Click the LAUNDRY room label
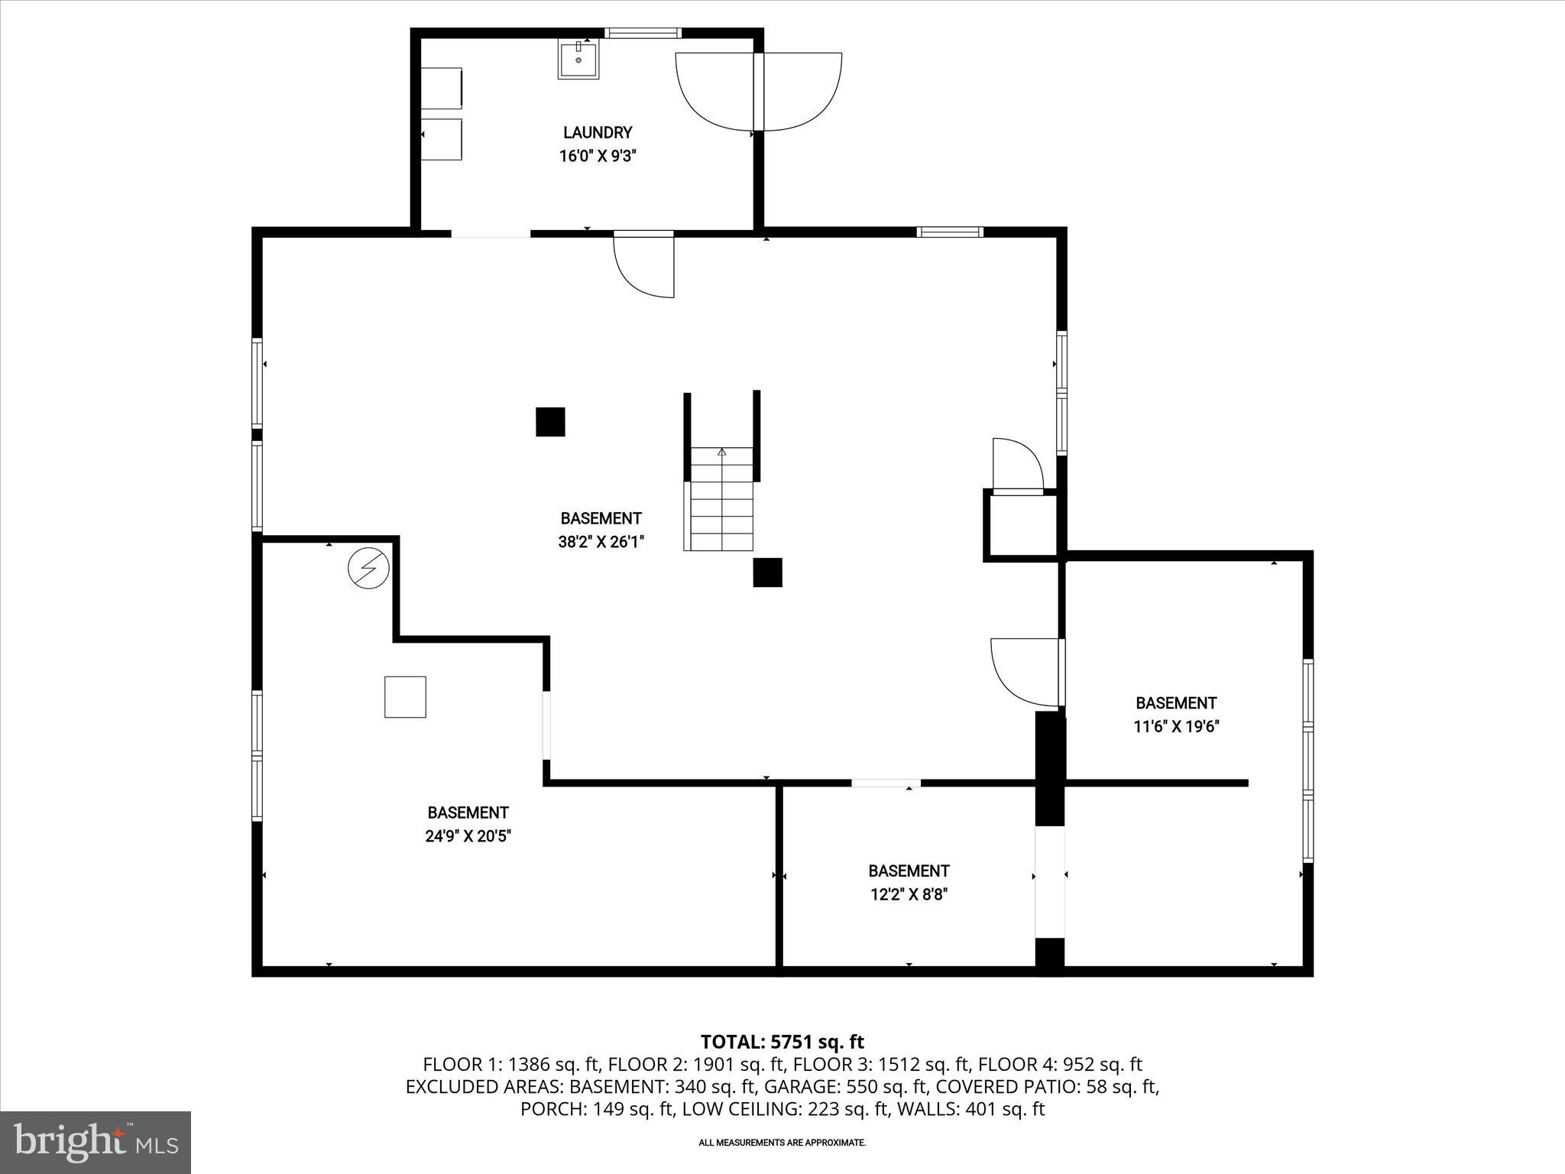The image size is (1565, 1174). (x=597, y=132)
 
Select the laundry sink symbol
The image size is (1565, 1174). (x=578, y=59)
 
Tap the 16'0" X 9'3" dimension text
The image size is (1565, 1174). (x=597, y=156)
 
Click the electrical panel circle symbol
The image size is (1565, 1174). (x=368, y=568)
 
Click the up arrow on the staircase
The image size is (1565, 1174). (x=721, y=452)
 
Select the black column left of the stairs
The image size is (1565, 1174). (x=549, y=422)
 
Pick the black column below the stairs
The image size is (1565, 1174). (x=766, y=572)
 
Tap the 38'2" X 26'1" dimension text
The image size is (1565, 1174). (x=601, y=542)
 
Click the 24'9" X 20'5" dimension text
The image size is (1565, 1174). (x=468, y=836)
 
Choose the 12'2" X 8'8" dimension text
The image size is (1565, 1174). (x=909, y=894)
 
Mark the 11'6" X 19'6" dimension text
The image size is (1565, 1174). (x=1175, y=726)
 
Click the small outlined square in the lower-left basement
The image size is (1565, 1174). (x=404, y=696)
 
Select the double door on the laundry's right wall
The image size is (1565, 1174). (x=759, y=92)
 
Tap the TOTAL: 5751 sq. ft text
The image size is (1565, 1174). (x=782, y=1042)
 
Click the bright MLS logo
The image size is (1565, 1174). (x=96, y=1142)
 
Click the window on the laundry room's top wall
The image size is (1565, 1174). (x=643, y=33)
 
